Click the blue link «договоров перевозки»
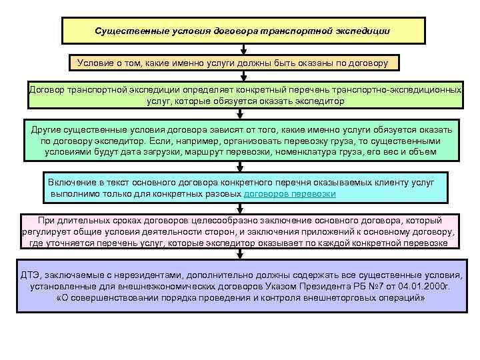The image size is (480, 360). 289,193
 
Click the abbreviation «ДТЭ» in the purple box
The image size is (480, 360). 31,275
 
